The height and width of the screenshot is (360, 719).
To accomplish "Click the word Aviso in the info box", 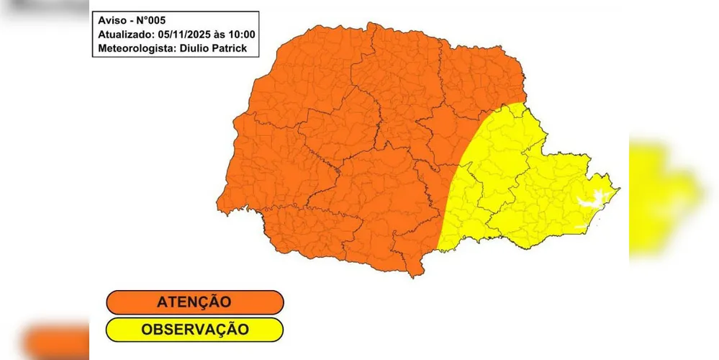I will click(x=112, y=19).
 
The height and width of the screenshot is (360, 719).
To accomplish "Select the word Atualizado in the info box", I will click(x=125, y=35).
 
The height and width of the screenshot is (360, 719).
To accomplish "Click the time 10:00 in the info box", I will click(x=243, y=35).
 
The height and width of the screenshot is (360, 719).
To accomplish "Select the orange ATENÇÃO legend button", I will click(x=194, y=302).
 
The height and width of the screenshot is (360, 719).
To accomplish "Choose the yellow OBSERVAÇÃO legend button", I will click(x=194, y=330).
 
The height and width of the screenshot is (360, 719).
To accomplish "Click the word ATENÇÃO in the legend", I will click(x=195, y=302).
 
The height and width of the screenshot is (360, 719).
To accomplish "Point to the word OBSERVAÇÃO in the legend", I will click(x=195, y=330).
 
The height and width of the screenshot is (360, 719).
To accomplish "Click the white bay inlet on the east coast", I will click(x=592, y=198).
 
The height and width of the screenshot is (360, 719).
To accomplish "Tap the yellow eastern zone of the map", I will click(x=518, y=180).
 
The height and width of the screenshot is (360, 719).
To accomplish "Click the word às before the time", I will click(x=219, y=35).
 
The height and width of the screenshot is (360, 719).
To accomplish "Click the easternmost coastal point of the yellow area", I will click(x=619, y=189).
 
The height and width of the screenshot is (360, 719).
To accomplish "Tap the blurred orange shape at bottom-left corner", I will click(x=54, y=342).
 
